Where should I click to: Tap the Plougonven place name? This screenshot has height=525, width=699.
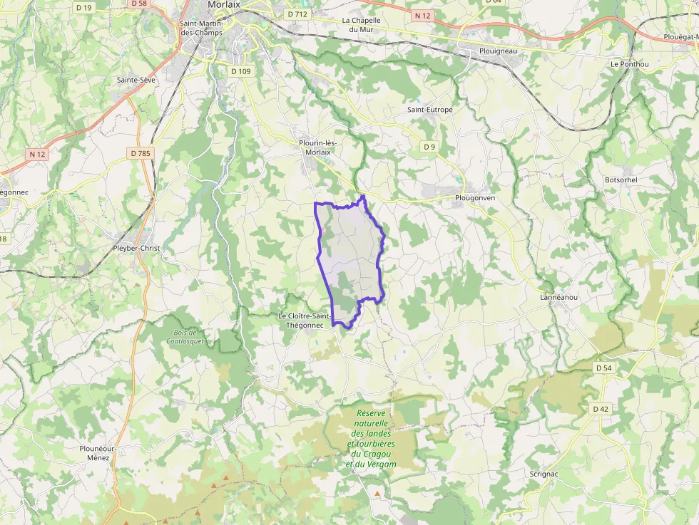pos(474,197)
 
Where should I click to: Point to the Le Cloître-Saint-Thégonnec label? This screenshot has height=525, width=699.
pos(305,320)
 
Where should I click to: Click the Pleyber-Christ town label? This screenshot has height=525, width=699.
pos(136,248)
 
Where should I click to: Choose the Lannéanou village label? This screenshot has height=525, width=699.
pos(558,297)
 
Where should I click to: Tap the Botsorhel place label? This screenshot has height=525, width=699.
pos(621,180)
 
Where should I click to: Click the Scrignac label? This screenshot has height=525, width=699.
pos(544,473)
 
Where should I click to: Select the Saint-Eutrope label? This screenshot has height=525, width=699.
pos(429,110)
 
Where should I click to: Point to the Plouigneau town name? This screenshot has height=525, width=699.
pos(498,51)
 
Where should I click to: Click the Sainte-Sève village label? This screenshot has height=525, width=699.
pos(136,80)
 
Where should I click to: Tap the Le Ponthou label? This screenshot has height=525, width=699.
pos(630,63)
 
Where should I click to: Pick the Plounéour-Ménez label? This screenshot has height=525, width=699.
pos(98,452)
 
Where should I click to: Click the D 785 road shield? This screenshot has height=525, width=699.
pos(141,153)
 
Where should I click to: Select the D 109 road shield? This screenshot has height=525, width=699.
pos(241,71)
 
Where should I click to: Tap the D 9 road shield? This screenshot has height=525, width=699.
pos(429,147)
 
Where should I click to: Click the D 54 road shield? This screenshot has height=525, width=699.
pos(603,368)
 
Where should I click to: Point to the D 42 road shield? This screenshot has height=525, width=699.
pos(600,409)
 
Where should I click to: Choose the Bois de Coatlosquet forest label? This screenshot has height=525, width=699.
pos(185,336)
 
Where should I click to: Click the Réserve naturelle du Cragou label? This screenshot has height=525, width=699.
pos(371,438)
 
